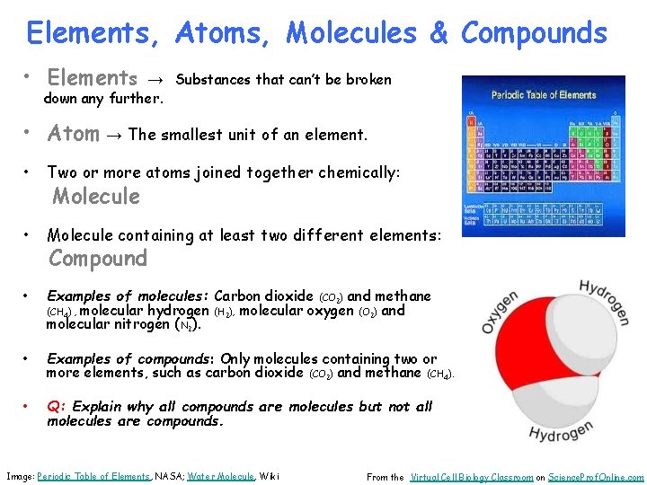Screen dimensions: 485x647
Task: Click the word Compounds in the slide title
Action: (534, 33)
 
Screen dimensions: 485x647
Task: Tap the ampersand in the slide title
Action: (439, 33)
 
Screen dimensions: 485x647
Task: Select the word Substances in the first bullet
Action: (213, 79)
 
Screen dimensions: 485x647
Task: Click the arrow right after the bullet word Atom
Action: (115, 136)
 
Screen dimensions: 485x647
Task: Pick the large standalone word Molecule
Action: (96, 196)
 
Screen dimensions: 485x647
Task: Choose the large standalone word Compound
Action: (97, 259)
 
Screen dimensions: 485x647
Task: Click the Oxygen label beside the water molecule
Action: (501, 312)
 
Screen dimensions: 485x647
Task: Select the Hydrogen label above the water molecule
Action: (604, 302)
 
